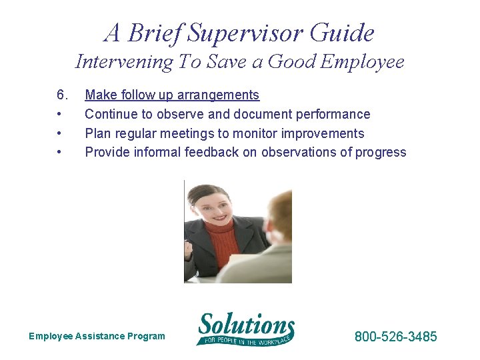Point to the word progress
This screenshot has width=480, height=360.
(x=381, y=152)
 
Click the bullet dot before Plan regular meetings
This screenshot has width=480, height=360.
(x=60, y=133)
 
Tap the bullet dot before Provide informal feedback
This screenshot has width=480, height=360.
(x=60, y=152)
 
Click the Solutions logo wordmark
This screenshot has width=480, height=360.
(x=246, y=326)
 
